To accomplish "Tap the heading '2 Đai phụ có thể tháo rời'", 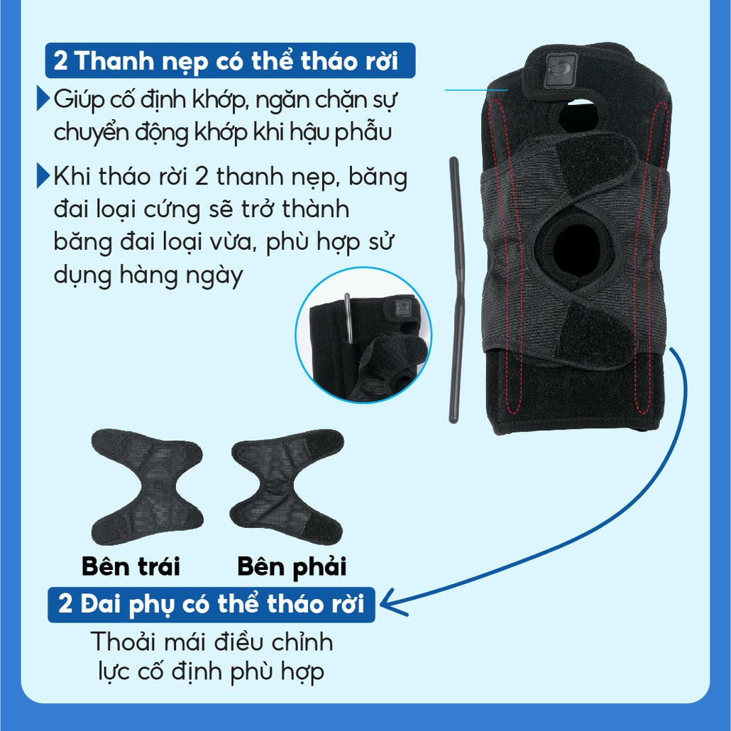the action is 211,604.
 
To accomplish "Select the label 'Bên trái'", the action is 131,566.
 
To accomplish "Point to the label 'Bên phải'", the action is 292,567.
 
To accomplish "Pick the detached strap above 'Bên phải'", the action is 287,487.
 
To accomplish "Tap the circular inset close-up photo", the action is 363,335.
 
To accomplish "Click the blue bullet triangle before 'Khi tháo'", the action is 43,175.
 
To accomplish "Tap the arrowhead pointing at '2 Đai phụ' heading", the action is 390,604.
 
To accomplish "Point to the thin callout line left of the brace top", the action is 476,90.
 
